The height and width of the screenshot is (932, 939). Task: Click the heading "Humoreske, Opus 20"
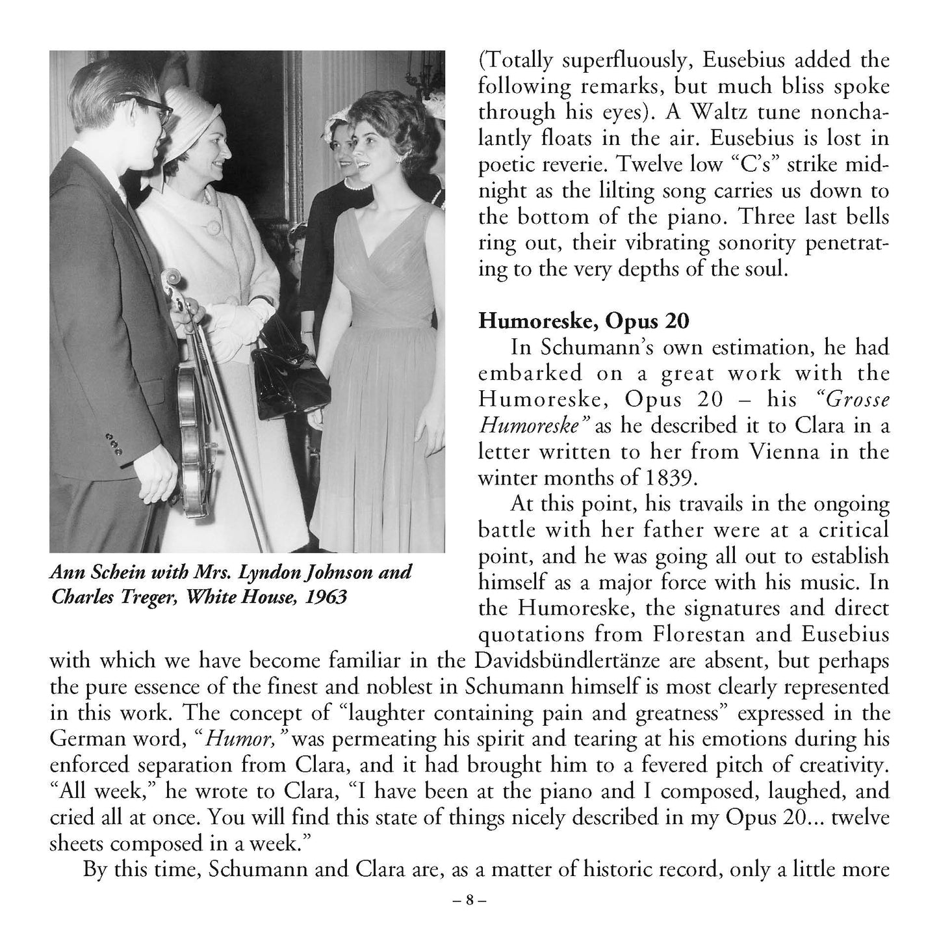[x=584, y=321]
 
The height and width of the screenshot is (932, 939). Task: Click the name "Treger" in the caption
[x=150, y=596]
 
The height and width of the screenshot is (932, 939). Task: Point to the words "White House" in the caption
[x=238, y=596]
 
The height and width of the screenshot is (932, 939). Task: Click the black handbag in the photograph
[x=290, y=379]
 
